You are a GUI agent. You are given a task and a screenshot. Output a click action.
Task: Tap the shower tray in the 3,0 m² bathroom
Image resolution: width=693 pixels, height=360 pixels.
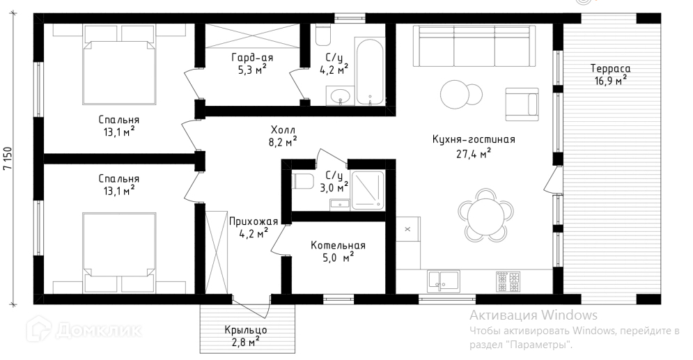pos(368,189)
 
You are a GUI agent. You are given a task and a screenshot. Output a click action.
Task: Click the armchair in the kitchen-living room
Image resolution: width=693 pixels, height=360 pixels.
pos(522,104)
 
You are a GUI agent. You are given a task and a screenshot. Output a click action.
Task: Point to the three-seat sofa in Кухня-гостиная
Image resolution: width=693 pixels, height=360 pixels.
pos(474,46)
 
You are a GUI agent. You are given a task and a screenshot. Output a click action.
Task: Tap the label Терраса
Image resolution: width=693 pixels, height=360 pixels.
pos(610,68)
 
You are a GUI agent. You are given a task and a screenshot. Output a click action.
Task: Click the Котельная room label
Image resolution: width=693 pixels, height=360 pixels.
pos(338,245)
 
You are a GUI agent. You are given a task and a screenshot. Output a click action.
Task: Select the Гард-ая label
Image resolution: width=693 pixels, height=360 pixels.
pos(252,58)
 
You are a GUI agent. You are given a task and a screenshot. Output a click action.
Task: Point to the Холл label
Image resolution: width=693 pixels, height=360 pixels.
pos(283,130)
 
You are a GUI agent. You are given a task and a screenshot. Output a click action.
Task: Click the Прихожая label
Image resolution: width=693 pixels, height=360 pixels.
pos(254,221)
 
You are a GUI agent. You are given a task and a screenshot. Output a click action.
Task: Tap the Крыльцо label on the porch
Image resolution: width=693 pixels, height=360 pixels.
pos(246,330)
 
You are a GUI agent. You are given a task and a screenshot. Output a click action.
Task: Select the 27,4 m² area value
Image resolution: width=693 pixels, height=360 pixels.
pos(474,153)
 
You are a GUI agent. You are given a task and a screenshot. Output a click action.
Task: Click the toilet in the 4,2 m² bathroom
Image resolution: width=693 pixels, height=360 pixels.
pos(323,34)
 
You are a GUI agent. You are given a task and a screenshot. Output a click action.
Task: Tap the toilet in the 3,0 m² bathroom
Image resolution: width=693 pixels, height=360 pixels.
pos(303,180)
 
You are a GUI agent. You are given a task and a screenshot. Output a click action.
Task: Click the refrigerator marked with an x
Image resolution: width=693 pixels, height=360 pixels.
pos(407,229)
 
